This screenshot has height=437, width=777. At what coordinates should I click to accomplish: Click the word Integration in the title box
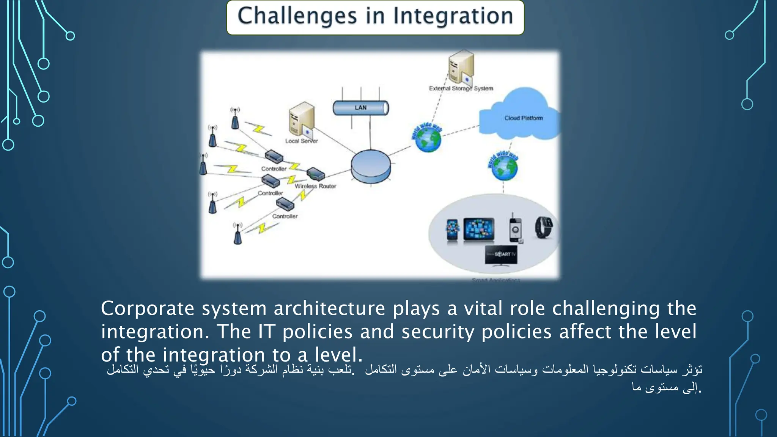[x=453, y=16]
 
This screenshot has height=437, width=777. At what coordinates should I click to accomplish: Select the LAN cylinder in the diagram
[x=360, y=108]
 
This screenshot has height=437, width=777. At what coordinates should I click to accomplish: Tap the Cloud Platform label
[x=524, y=118]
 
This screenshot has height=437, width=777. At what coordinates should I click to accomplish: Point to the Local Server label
[x=301, y=141]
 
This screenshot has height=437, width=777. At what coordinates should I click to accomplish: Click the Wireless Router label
[x=315, y=186]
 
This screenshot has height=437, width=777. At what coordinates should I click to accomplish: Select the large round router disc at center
[x=370, y=166]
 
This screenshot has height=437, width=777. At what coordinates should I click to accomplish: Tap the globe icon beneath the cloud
[x=504, y=168]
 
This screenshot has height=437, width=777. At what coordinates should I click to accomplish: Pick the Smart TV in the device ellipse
[x=501, y=255]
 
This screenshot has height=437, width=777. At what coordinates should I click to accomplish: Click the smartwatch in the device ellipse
[x=543, y=228]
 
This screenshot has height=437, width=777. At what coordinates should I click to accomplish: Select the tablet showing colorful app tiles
[x=479, y=229]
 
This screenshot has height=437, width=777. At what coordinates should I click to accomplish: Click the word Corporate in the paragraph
[x=147, y=309]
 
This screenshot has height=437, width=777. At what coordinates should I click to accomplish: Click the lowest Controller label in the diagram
[x=285, y=217]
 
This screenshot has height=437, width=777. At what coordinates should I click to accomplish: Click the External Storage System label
[x=461, y=89]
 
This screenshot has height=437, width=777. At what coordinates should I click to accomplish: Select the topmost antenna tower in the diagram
[x=235, y=118]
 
